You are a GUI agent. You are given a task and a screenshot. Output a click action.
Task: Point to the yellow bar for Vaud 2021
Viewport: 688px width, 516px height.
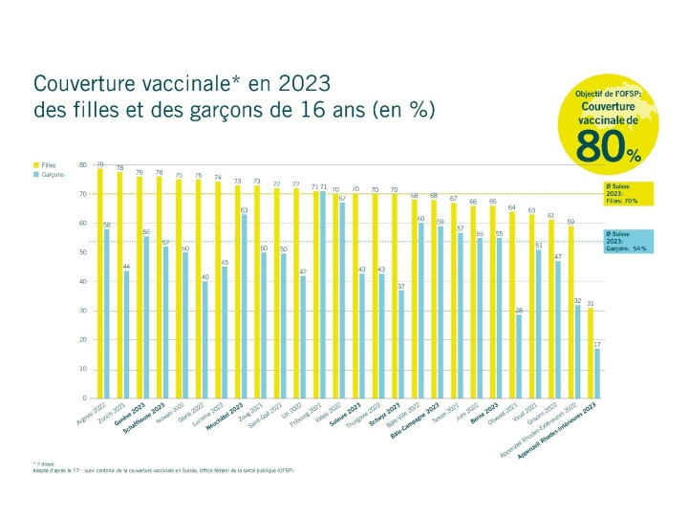[x=530, y=306]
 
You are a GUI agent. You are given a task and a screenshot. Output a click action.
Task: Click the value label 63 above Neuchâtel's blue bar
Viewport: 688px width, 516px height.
[x=244, y=209]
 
